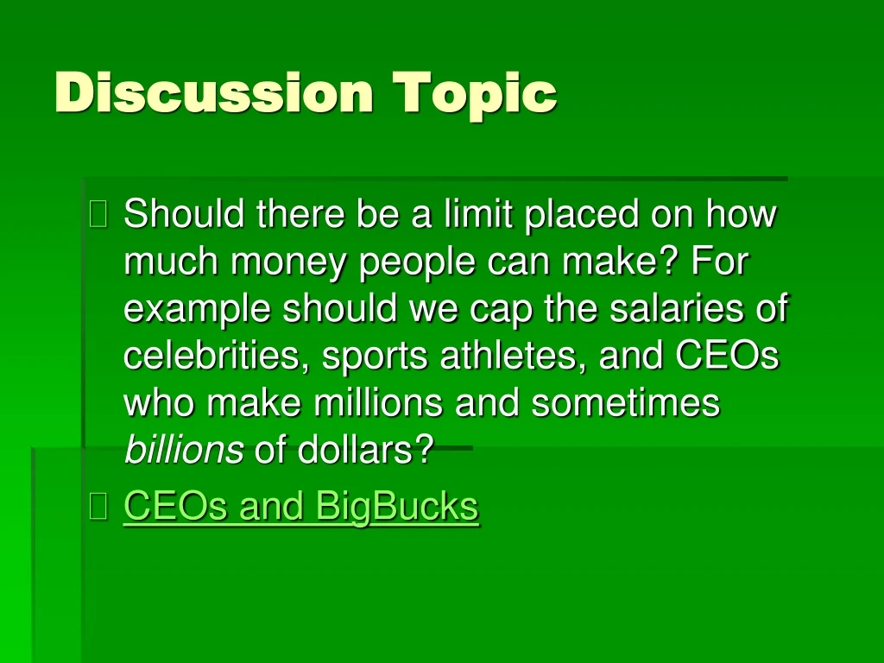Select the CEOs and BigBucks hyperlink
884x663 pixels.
click(x=300, y=507)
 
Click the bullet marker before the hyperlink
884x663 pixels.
click(x=99, y=508)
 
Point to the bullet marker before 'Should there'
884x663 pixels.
click(x=99, y=214)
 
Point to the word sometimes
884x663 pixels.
click(x=625, y=403)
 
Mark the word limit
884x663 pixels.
click(x=479, y=214)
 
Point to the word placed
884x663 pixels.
click(x=584, y=214)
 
